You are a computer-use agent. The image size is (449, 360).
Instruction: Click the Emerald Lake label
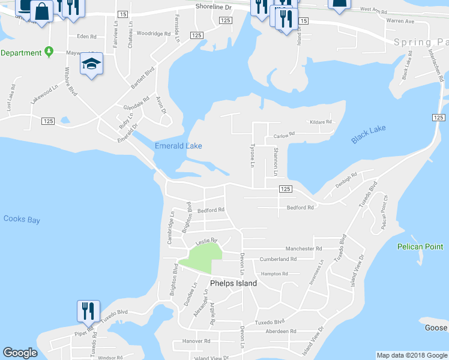point(178,146)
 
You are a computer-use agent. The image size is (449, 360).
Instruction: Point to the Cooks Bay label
point(21,220)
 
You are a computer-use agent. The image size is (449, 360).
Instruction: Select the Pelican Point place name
point(420,247)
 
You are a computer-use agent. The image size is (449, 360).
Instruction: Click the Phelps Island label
point(234,283)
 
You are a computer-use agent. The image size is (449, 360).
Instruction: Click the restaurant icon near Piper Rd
point(88,311)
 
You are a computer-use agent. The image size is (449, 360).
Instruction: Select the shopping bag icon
point(41,11)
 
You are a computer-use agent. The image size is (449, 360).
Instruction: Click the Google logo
point(20,353)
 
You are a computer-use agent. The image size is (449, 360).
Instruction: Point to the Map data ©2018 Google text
point(411,355)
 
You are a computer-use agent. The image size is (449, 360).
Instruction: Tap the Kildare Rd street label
point(321,122)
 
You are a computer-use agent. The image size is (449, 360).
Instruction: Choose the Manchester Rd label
point(304,248)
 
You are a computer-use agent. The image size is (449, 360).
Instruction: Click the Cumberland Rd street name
point(278,259)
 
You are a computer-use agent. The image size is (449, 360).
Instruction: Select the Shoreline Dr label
point(213,6)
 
